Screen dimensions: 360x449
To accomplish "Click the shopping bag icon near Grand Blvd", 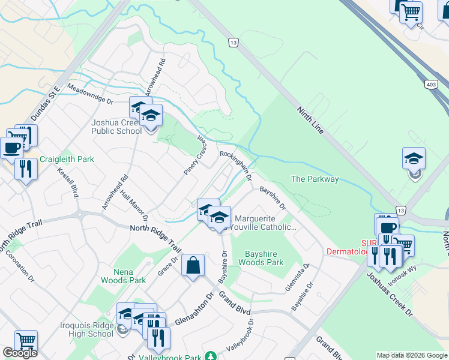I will coord(193,266).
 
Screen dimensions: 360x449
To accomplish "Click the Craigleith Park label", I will coord(67,160).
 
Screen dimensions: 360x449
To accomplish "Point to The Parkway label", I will coord(315,179).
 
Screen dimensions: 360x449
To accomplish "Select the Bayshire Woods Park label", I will coord(261,257).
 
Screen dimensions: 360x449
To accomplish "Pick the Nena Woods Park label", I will coord(123,275).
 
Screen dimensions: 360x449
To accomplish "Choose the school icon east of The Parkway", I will coord(414,159).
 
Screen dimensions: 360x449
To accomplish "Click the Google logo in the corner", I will coord(20,353).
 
